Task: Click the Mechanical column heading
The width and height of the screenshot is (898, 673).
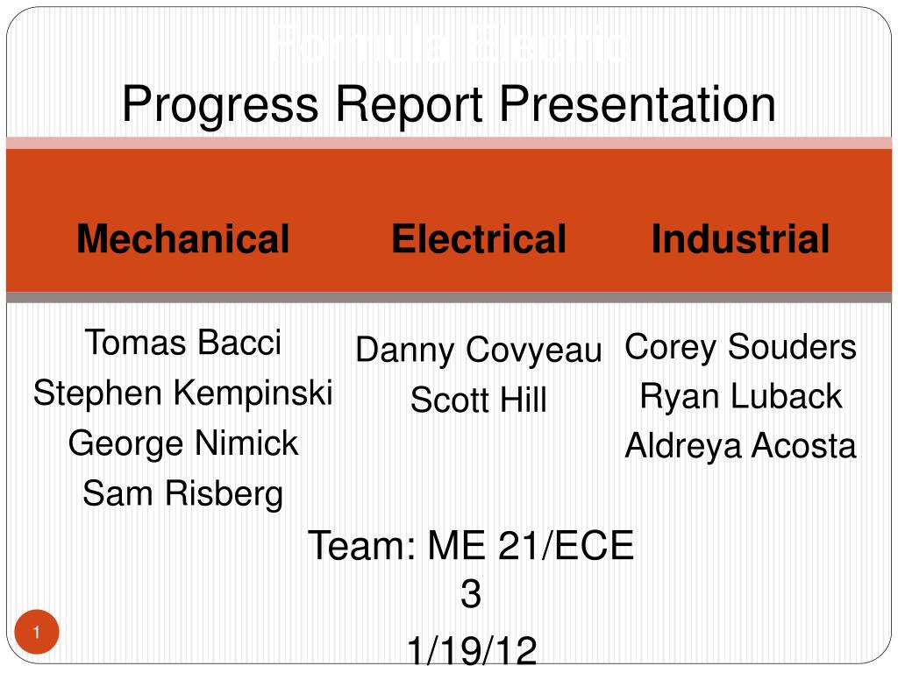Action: (182, 238)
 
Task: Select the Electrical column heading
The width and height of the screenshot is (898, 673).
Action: (479, 238)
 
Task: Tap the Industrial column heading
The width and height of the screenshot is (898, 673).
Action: (740, 238)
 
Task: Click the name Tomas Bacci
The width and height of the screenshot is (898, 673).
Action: (182, 342)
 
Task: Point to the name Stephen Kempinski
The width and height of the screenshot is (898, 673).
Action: (182, 393)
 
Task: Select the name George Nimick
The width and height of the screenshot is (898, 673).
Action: (182, 443)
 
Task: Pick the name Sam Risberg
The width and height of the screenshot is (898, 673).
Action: (182, 494)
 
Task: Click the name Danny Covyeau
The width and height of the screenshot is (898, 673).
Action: (479, 350)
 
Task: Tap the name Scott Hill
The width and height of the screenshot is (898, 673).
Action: (479, 400)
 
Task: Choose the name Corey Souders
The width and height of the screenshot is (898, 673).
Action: (740, 346)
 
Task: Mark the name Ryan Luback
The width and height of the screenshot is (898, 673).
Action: (740, 396)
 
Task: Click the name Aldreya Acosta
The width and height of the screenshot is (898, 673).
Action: (740, 446)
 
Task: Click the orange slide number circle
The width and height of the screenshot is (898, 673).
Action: (37, 633)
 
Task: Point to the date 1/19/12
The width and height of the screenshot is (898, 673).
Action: (471, 652)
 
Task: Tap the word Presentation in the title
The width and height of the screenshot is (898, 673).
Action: (638, 105)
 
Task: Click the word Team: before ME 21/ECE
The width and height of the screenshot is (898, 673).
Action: (361, 546)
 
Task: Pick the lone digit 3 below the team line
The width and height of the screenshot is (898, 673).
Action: (471, 595)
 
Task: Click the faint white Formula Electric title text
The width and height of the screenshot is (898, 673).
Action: (449, 46)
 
